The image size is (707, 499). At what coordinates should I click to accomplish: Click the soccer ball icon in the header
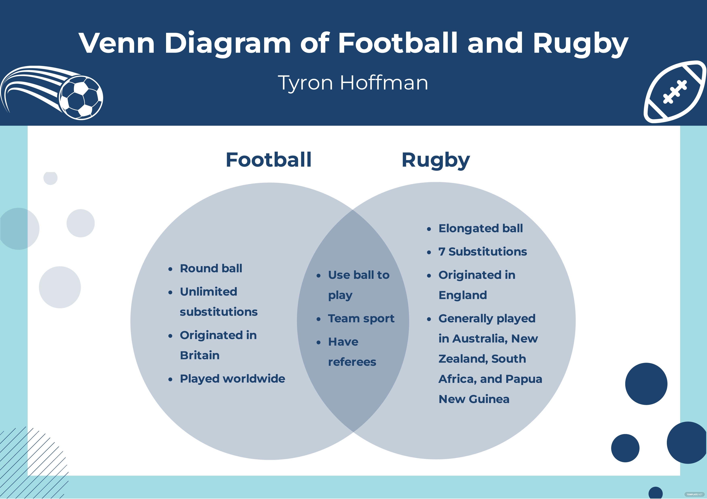click(x=81, y=98)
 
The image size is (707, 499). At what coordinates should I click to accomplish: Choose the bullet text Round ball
click(x=211, y=269)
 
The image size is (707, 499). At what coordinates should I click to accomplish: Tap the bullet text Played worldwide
click(x=232, y=379)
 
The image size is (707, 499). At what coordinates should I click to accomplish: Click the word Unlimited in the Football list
click(x=208, y=292)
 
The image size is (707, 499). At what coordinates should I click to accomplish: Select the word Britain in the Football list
click(x=200, y=355)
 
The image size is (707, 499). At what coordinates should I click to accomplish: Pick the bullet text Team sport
click(x=361, y=318)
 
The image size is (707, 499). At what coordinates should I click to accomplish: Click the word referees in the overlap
click(x=352, y=362)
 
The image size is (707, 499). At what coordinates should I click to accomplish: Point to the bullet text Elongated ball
click(x=480, y=228)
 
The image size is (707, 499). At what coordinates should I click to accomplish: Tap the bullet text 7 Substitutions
click(x=482, y=252)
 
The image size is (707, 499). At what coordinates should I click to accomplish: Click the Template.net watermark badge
click(x=694, y=494)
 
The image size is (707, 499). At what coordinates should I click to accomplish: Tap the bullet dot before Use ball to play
click(x=319, y=276)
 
